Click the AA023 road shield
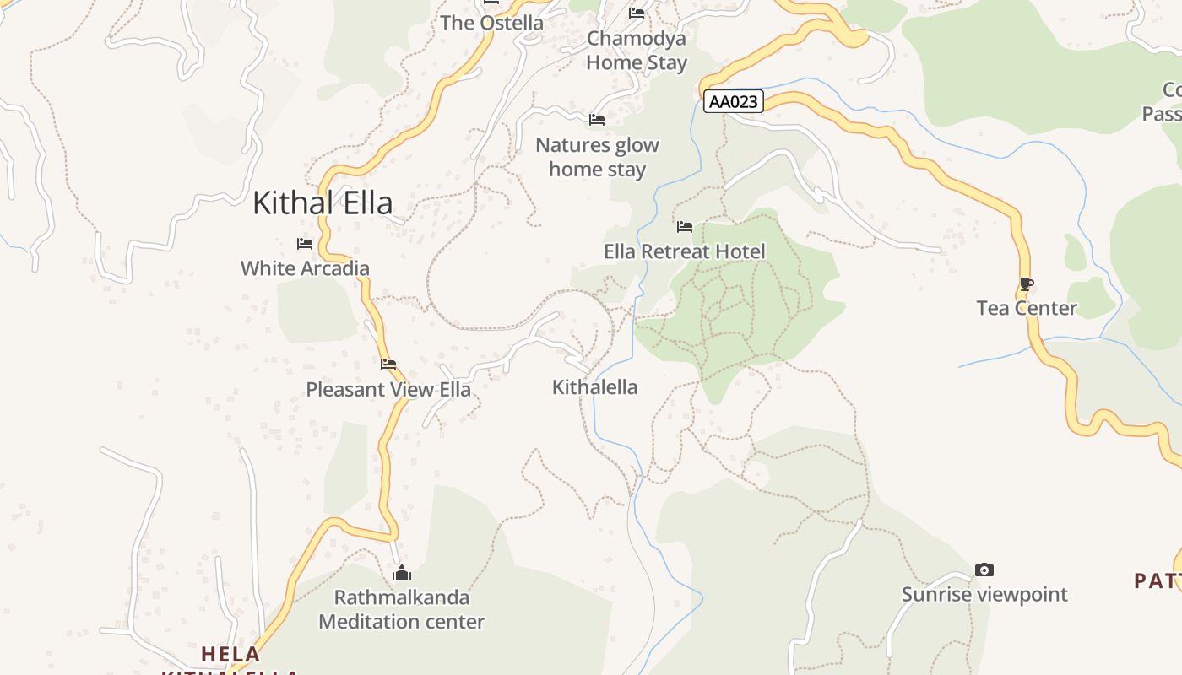(x=733, y=102)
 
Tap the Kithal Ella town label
(x=323, y=203)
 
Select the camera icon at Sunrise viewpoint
(x=984, y=570)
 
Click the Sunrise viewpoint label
(x=984, y=594)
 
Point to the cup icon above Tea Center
(x=1027, y=284)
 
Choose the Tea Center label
(x=1027, y=308)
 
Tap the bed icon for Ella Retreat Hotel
(x=685, y=227)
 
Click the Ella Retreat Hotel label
(x=685, y=251)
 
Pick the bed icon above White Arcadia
(x=305, y=244)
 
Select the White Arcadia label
(x=305, y=268)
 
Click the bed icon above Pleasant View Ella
(x=388, y=364)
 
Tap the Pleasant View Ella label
(x=388, y=390)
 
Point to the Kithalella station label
(x=594, y=387)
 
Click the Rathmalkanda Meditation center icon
(x=402, y=574)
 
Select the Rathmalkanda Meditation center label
(x=401, y=609)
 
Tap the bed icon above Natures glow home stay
(x=597, y=120)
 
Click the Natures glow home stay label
(x=597, y=157)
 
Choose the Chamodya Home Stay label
(x=637, y=51)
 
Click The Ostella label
(x=491, y=23)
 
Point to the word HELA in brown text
(x=230, y=654)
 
